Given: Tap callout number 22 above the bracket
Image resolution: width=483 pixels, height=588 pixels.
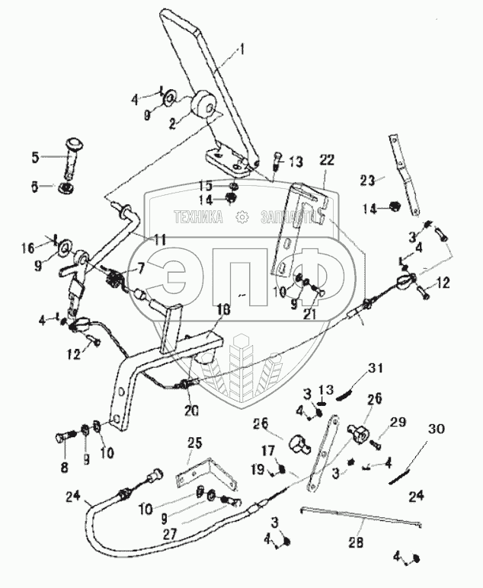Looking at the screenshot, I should pyautogui.click(x=327, y=161).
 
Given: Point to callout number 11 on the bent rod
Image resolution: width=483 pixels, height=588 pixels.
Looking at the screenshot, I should pyautogui.click(x=159, y=239).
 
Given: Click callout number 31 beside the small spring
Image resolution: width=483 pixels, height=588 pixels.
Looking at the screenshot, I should pyautogui.click(x=373, y=369).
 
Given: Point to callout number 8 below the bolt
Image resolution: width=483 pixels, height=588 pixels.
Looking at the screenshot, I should pyautogui.click(x=63, y=467).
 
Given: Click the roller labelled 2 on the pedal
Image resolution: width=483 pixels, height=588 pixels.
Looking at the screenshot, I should pyautogui.click(x=204, y=105).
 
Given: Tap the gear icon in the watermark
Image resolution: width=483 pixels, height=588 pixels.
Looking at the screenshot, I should pyautogui.click(x=241, y=216).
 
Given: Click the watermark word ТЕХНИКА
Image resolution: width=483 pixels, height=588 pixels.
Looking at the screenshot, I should pyautogui.click(x=198, y=216).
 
